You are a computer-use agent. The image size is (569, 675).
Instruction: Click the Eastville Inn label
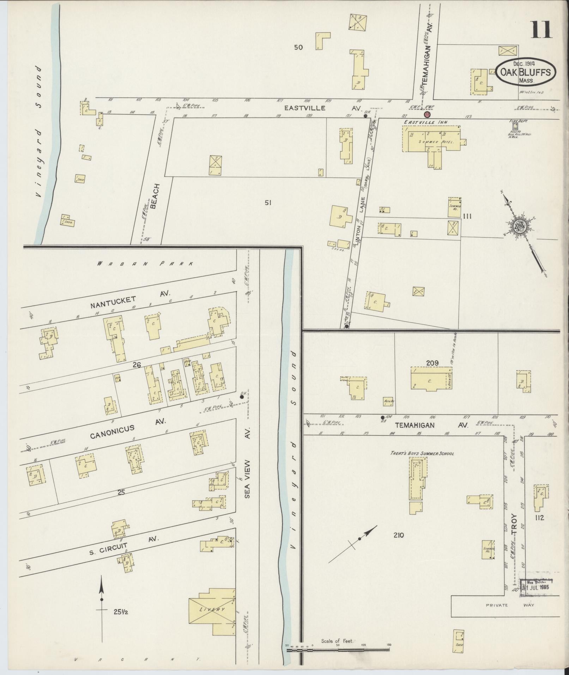coord(426,122)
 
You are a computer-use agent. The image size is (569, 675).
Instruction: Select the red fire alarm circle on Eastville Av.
coord(426,115)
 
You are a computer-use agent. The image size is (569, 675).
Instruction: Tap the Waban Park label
coord(145,264)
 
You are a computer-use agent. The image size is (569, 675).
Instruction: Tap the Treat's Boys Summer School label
coord(421,453)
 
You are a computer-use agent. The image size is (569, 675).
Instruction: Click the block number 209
coord(432,362)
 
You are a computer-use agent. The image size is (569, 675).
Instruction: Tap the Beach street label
coord(155,196)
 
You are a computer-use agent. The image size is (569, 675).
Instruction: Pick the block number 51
coord(268,203)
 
